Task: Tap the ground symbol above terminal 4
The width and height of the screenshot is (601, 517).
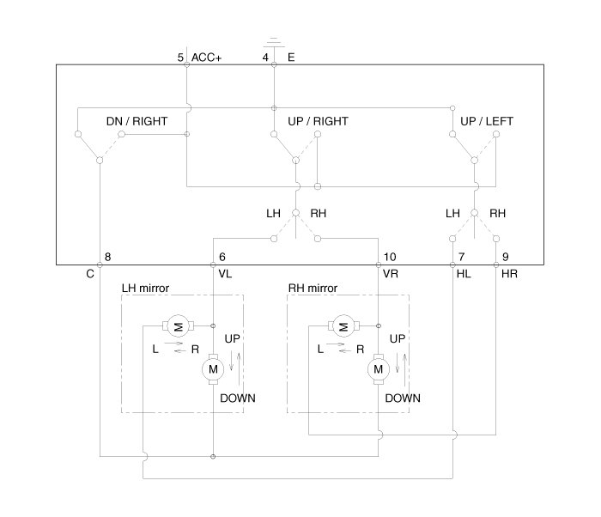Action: pyautogui.click(x=273, y=40)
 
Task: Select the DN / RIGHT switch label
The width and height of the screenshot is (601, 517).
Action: pyautogui.click(x=137, y=121)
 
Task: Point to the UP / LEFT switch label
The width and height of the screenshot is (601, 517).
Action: pyautogui.click(x=487, y=121)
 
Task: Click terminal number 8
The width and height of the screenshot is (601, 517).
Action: pyautogui.click(x=107, y=257)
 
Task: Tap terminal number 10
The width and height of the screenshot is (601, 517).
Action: pyautogui.click(x=390, y=257)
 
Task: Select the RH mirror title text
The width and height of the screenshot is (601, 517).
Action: pyautogui.click(x=313, y=288)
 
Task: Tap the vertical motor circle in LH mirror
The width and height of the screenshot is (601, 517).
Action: pyautogui.click(x=211, y=369)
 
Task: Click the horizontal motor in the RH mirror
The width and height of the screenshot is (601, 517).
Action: pyautogui.click(x=343, y=325)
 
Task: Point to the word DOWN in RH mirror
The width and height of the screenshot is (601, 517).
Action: pyautogui.click(x=403, y=398)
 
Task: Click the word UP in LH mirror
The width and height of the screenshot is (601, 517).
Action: pyautogui.click(x=233, y=339)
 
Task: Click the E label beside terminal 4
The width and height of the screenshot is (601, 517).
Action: pyautogui.click(x=291, y=58)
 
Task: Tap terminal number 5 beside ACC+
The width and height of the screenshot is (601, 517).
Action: pyautogui.click(x=180, y=58)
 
